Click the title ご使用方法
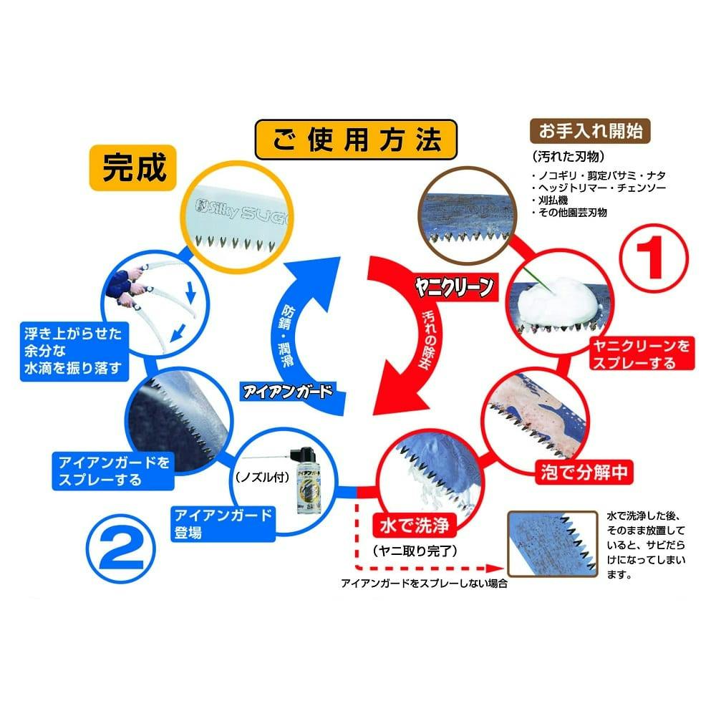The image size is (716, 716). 356,139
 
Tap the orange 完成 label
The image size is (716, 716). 134,169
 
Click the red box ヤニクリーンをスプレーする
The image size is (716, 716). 640,354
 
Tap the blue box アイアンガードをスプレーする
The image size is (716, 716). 115,470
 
